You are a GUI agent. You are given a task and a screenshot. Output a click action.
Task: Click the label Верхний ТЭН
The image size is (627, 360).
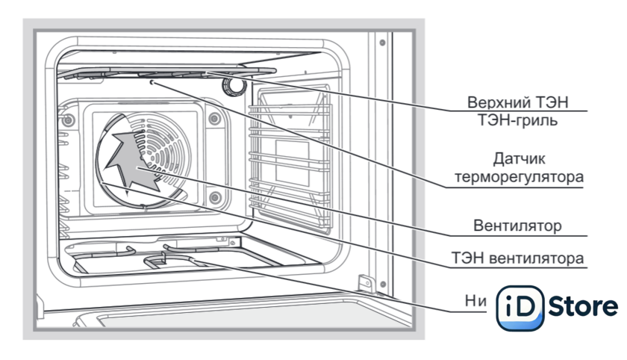pyautogui.click(x=522, y=102)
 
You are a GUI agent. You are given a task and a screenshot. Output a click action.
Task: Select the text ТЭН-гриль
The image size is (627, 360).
pyautogui.click(x=522, y=120)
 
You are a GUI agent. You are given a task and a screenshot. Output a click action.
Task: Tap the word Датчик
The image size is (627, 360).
pyautogui.click(x=520, y=159)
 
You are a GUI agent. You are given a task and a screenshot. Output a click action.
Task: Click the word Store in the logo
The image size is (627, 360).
pyautogui.click(x=583, y=306)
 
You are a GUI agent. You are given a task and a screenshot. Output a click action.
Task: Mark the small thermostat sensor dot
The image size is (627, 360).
pyautogui.click(x=152, y=83)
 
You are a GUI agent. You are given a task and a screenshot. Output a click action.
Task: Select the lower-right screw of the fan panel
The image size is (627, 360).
pyautogui.click(x=214, y=197)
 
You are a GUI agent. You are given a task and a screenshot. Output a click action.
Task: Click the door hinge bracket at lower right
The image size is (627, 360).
pyautogui.click(x=366, y=285)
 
